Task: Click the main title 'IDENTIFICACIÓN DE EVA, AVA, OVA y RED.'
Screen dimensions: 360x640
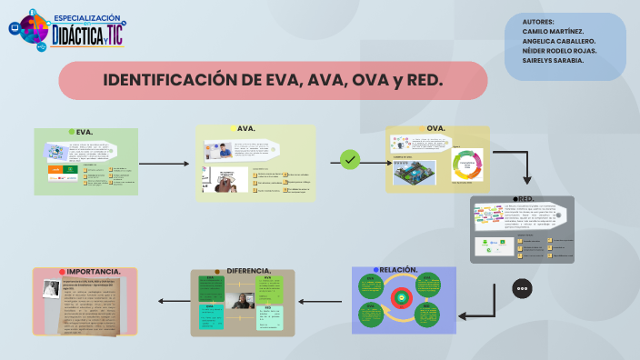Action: pos(273,80)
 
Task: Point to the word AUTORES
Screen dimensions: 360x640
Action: pos(539,21)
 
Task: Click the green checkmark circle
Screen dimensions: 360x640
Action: pos(350,160)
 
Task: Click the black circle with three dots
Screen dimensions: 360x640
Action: pos(522,288)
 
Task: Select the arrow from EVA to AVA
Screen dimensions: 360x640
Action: pos(165,165)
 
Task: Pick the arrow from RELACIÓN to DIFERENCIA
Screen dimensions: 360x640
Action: pos(324,301)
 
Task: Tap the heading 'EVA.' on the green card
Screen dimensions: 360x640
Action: pos(85,132)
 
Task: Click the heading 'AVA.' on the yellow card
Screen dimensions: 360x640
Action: pos(245,129)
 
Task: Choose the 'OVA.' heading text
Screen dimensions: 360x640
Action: pos(435,128)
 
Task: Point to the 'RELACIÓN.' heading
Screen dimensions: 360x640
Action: pos(398,270)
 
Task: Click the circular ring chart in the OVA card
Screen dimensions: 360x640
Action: pos(470,165)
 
